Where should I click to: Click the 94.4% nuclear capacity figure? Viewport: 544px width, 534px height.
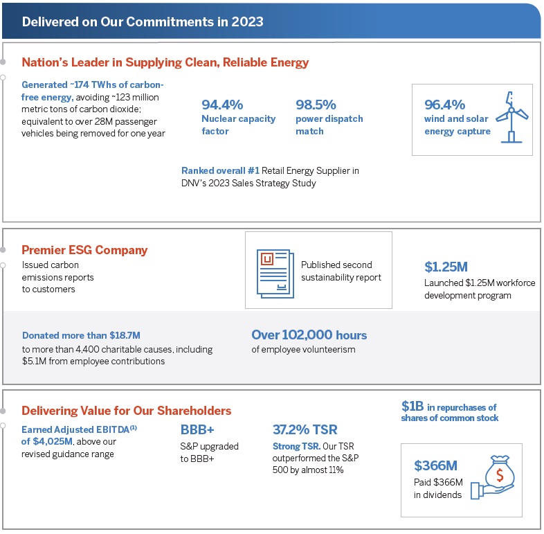(222, 105)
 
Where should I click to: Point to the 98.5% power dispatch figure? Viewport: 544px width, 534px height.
(316, 105)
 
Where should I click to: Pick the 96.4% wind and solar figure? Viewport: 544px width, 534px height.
(444, 105)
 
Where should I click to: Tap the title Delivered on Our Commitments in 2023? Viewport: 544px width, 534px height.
(143, 21)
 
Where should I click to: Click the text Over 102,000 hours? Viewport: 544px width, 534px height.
(309, 335)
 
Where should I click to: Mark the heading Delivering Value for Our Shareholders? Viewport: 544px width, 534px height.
(126, 411)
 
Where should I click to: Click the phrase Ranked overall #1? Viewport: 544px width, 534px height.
(215, 170)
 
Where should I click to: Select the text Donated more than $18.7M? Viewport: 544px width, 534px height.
(81, 335)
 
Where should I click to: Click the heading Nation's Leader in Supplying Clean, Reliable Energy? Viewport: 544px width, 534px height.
(165, 62)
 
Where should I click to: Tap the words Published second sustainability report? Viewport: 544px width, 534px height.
(336, 271)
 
